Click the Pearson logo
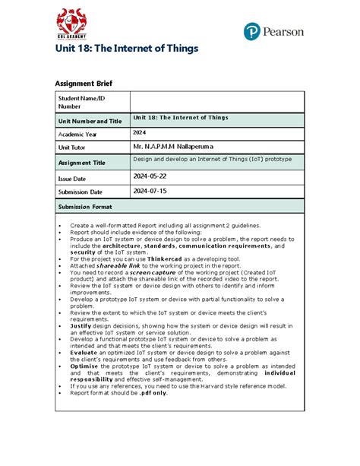click(273, 31)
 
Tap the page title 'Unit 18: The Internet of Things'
click(125, 49)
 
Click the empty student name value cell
click(217, 102)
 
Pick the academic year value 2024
click(140, 132)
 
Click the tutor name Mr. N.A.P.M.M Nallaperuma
click(175, 146)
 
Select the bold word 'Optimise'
click(86, 366)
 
